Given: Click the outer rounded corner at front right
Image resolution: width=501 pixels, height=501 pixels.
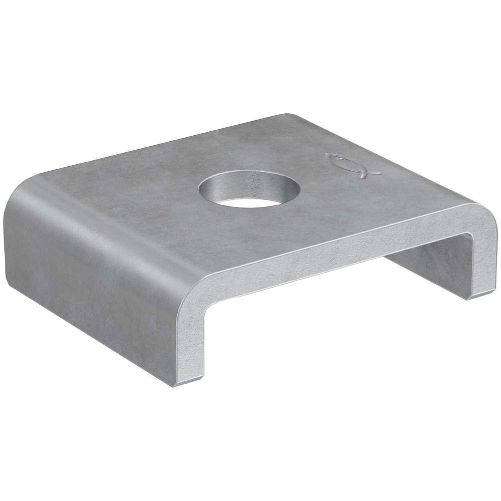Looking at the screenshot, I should point(488,215).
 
